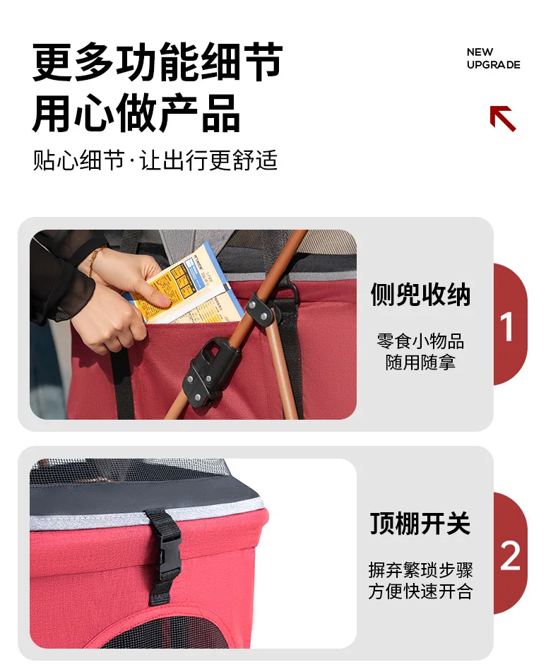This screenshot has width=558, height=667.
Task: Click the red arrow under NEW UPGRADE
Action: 503,118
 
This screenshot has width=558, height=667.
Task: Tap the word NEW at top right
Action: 480,52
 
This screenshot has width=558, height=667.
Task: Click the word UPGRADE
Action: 493,65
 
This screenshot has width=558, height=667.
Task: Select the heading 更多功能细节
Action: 158,61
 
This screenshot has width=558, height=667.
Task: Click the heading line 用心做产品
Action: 136,113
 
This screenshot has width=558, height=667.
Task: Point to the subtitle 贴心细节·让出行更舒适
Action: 155,160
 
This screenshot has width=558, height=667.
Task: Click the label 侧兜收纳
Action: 420,295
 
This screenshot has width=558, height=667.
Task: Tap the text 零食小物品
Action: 420,341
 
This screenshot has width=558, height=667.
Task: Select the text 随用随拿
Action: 420,362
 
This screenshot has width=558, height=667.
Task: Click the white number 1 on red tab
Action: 506,326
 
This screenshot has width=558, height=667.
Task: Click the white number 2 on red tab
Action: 510,555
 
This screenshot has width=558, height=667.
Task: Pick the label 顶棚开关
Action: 420,524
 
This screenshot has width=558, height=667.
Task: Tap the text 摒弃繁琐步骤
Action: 420,570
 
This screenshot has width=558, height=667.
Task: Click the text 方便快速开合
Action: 420,591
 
